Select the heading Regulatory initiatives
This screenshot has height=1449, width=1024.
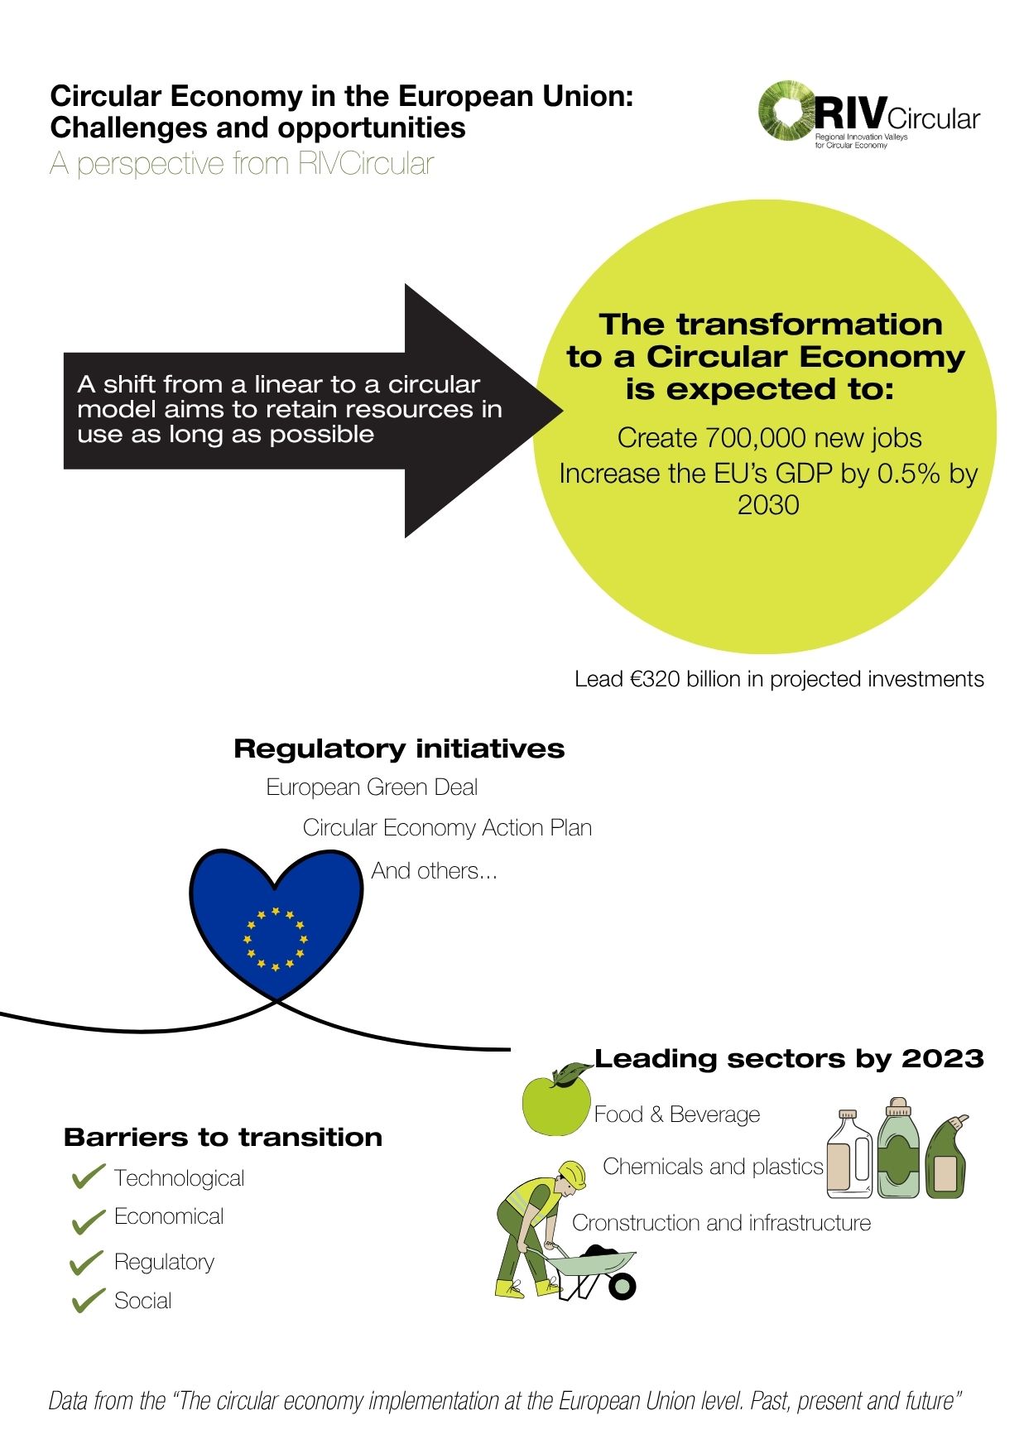coord(399,749)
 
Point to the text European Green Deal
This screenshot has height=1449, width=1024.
coord(372,787)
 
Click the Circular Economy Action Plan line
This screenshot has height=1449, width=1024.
coord(447,828)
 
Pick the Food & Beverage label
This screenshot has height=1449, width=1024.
coord(677,1114)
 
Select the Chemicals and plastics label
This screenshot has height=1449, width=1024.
coord(714,1167)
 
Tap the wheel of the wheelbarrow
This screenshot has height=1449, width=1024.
coord(622,1286)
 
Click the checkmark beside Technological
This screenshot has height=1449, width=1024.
coord(89,1177)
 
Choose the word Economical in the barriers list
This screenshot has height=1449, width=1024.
coord(169,1216)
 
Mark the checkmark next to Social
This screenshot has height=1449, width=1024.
coord(89,1301)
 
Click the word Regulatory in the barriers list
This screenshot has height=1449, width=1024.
coord(164,1262)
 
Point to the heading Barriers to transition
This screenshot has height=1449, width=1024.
coord(223,1138)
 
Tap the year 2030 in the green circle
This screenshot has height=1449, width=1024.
coord(768,504)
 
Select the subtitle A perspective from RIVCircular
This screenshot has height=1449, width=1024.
coord(242,163)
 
